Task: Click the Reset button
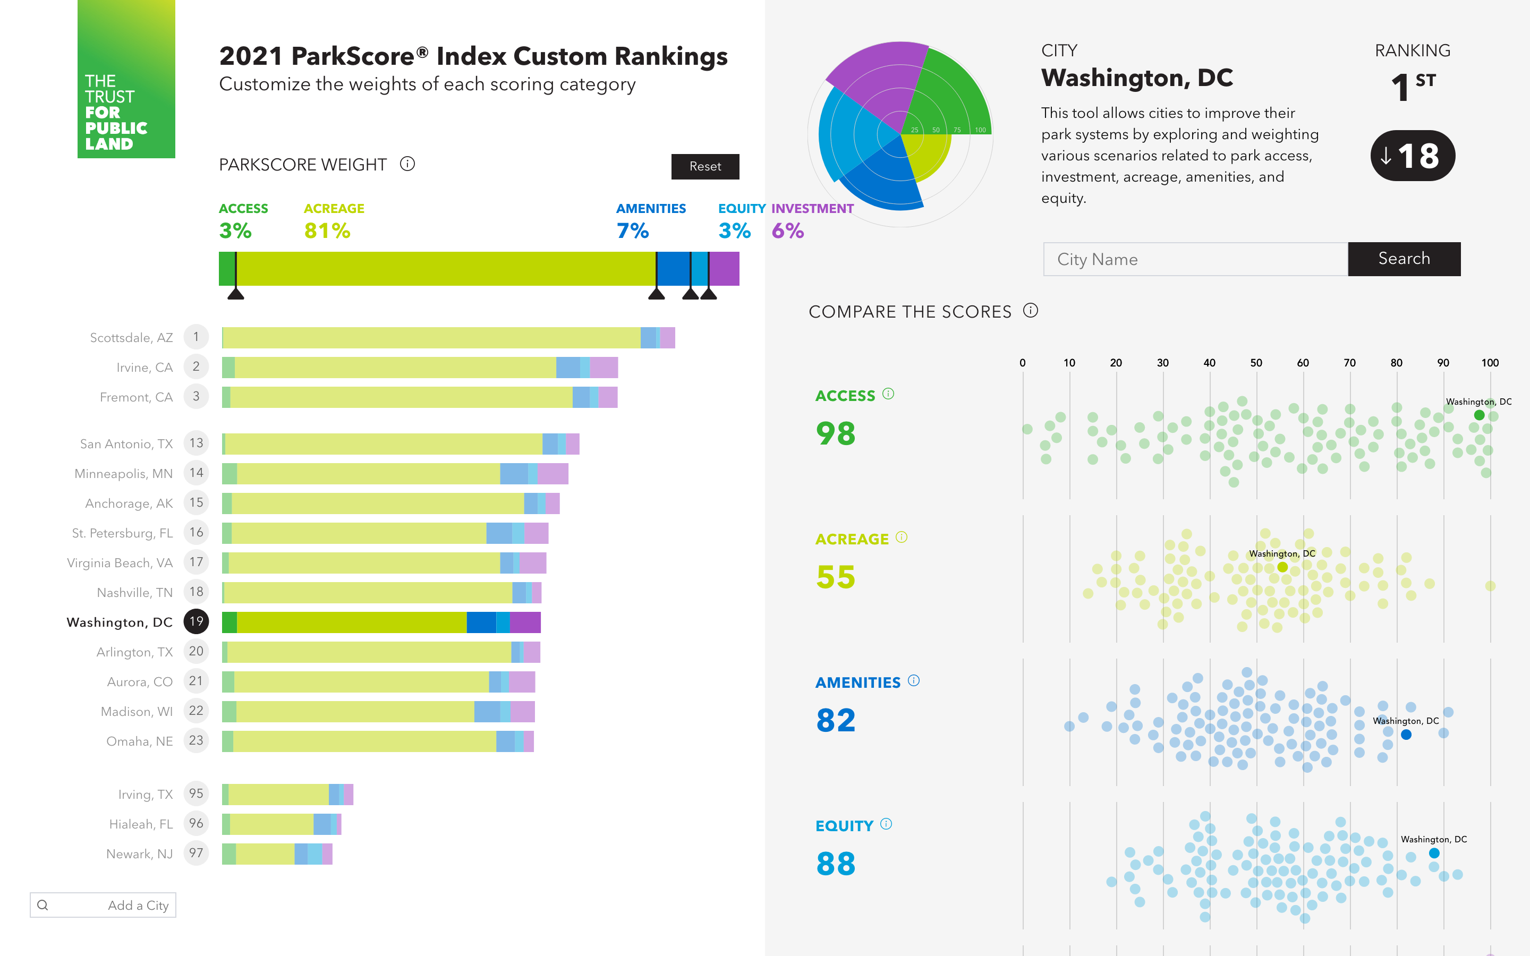[705, 166]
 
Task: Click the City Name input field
[1195, 259]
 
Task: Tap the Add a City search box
[103, 905]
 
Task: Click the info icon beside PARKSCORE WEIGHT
[407, 165]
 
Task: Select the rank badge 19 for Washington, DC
[196, 621]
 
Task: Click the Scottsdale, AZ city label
[132, 338]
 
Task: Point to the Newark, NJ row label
[139, 853]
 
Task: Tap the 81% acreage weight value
[327, 231]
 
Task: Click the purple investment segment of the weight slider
[725, 269]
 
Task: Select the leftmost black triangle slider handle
[236, 293]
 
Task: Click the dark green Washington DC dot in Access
[1479, 415]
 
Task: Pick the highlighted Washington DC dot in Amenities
[1406, 735]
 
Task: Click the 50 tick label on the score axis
[1256, 363]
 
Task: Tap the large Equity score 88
[836, 864]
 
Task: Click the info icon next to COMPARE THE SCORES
[1031, 311]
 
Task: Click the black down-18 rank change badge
[1413, 156]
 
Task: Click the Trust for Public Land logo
[126, 79]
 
